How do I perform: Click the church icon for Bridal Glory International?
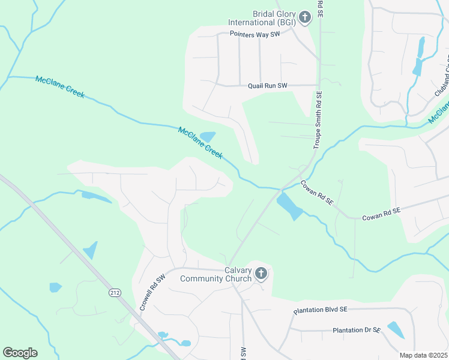pyautogui.click(x=305, y=17)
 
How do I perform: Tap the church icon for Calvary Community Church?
pyautogui.click(x=261, y=274)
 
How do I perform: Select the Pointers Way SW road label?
pyautogui.click(x=255, y=34)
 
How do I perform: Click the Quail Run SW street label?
pyautogui.click(x=268, y=86)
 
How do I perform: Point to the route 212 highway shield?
pyautogui.click(x=114, y=292)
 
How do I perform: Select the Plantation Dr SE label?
pyautogui.click(x=357, y=330)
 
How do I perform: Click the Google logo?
pyautogui.click(x=20, y=353)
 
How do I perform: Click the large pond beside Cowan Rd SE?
pyautogui.click(x=289, y=206)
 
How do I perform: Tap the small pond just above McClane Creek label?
pyautogui.click(x=208, y=137)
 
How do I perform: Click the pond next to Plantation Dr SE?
pyautogui.click(x=396, y=330)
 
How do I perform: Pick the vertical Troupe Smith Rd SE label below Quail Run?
pyautogui.click(x=319, y=120)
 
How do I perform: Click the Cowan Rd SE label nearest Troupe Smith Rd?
pyautogui.click(x=316, y=193)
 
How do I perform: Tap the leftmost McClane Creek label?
pyautogui.click(x=60, y=87)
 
